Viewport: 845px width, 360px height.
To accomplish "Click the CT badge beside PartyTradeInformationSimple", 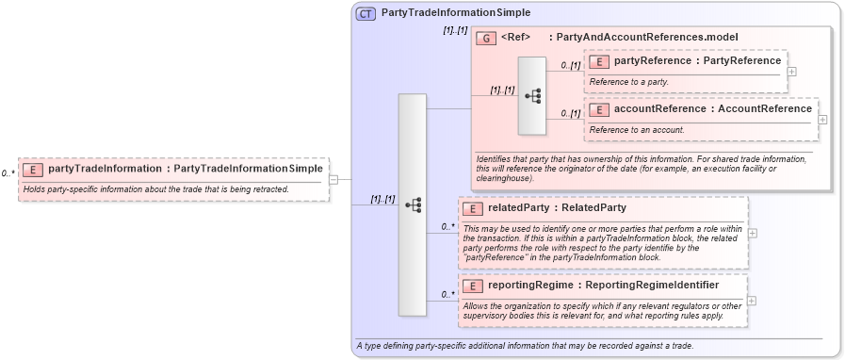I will [366, 13].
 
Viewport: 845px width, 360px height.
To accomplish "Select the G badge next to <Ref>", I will [486, 38].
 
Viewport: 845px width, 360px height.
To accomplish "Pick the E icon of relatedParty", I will [473, 207].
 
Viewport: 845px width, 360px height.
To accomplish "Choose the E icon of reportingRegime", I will [473, 286].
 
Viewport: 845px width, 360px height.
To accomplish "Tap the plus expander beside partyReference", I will [792, 71].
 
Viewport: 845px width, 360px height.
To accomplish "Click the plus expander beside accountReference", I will [823, 119].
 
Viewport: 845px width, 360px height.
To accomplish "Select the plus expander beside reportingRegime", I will [752, 301].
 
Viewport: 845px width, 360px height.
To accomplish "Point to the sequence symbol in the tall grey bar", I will [413, 205].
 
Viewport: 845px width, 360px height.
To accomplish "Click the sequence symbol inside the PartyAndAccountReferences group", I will [532, 95].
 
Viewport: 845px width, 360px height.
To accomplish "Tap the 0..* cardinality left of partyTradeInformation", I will [8, 173].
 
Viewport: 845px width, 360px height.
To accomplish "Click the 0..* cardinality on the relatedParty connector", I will [447, 226].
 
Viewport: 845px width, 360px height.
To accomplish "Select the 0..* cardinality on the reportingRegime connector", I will [447, 295].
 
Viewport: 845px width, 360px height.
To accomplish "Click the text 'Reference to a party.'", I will [629, 82].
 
